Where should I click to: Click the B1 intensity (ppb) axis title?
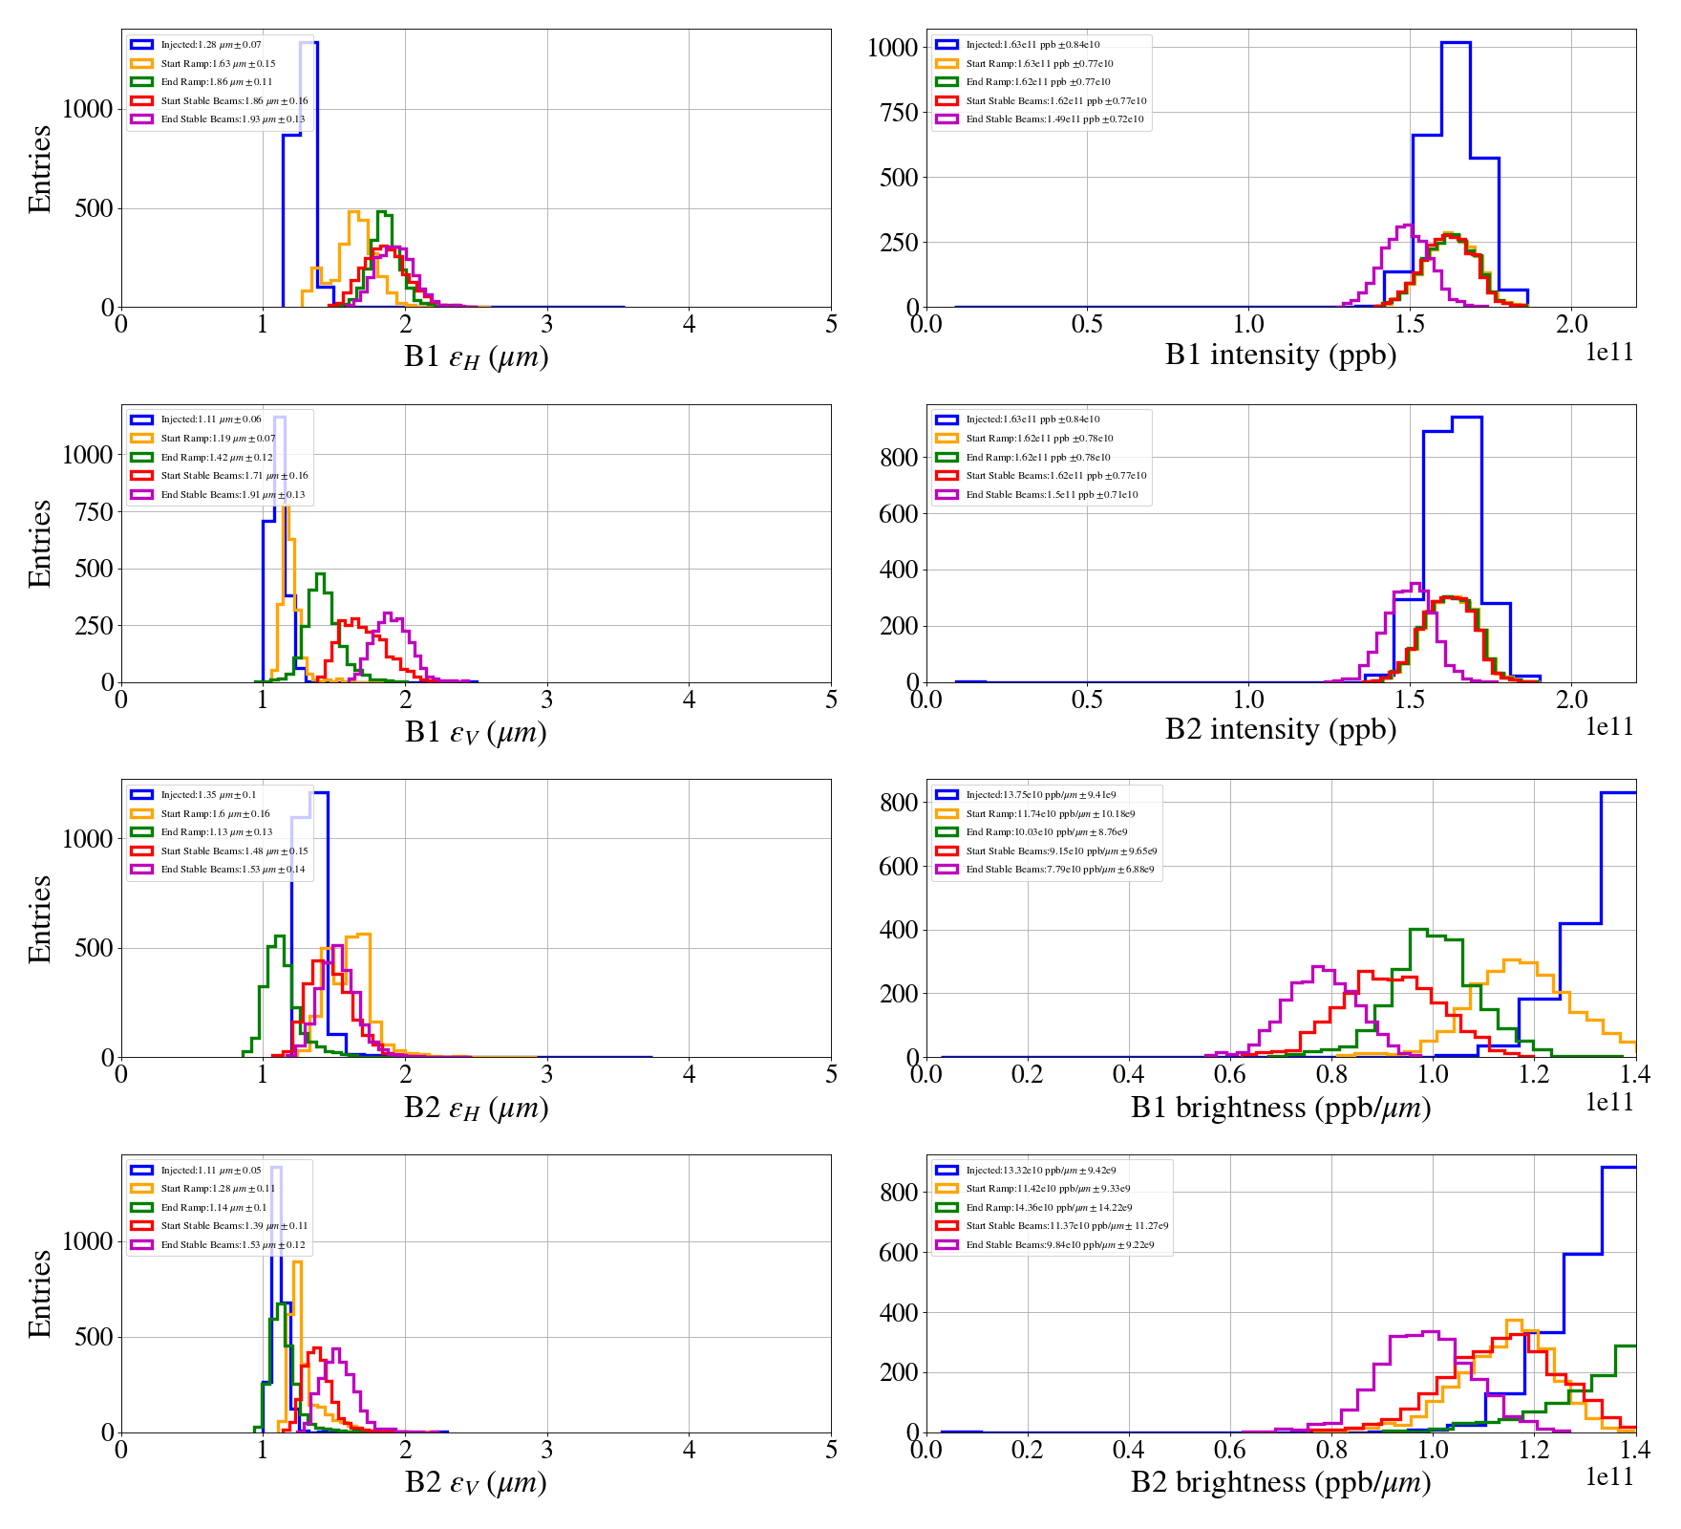(1280, 355)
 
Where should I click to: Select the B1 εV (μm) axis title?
(476, 732)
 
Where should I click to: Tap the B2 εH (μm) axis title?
(476, 1108)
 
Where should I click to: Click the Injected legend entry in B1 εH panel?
(210, 45)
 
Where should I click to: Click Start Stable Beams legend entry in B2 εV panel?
(233, 1226)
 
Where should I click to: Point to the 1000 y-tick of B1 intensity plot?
(891, 48)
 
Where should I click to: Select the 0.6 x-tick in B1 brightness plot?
(1230, 1074)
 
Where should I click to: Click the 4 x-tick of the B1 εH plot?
(689, 324)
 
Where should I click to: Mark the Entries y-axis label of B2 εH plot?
(40, 918)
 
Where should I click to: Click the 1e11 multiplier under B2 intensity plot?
(1609, 727)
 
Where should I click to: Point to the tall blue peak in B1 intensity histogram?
(1456, 44)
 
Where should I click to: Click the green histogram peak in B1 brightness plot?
(1419, 930)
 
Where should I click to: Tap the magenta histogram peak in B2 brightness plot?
(1431, 1332)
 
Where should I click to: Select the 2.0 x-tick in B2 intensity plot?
(1571, 700)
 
